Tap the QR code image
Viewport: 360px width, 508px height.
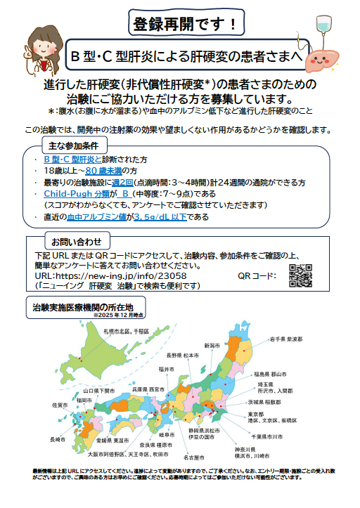[x=301, y=276]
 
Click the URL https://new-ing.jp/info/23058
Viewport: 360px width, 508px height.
[x=120, y=277]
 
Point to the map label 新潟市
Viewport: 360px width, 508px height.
[x=212, y=345]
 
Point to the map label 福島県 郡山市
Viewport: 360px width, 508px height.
[x=287, y=373]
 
